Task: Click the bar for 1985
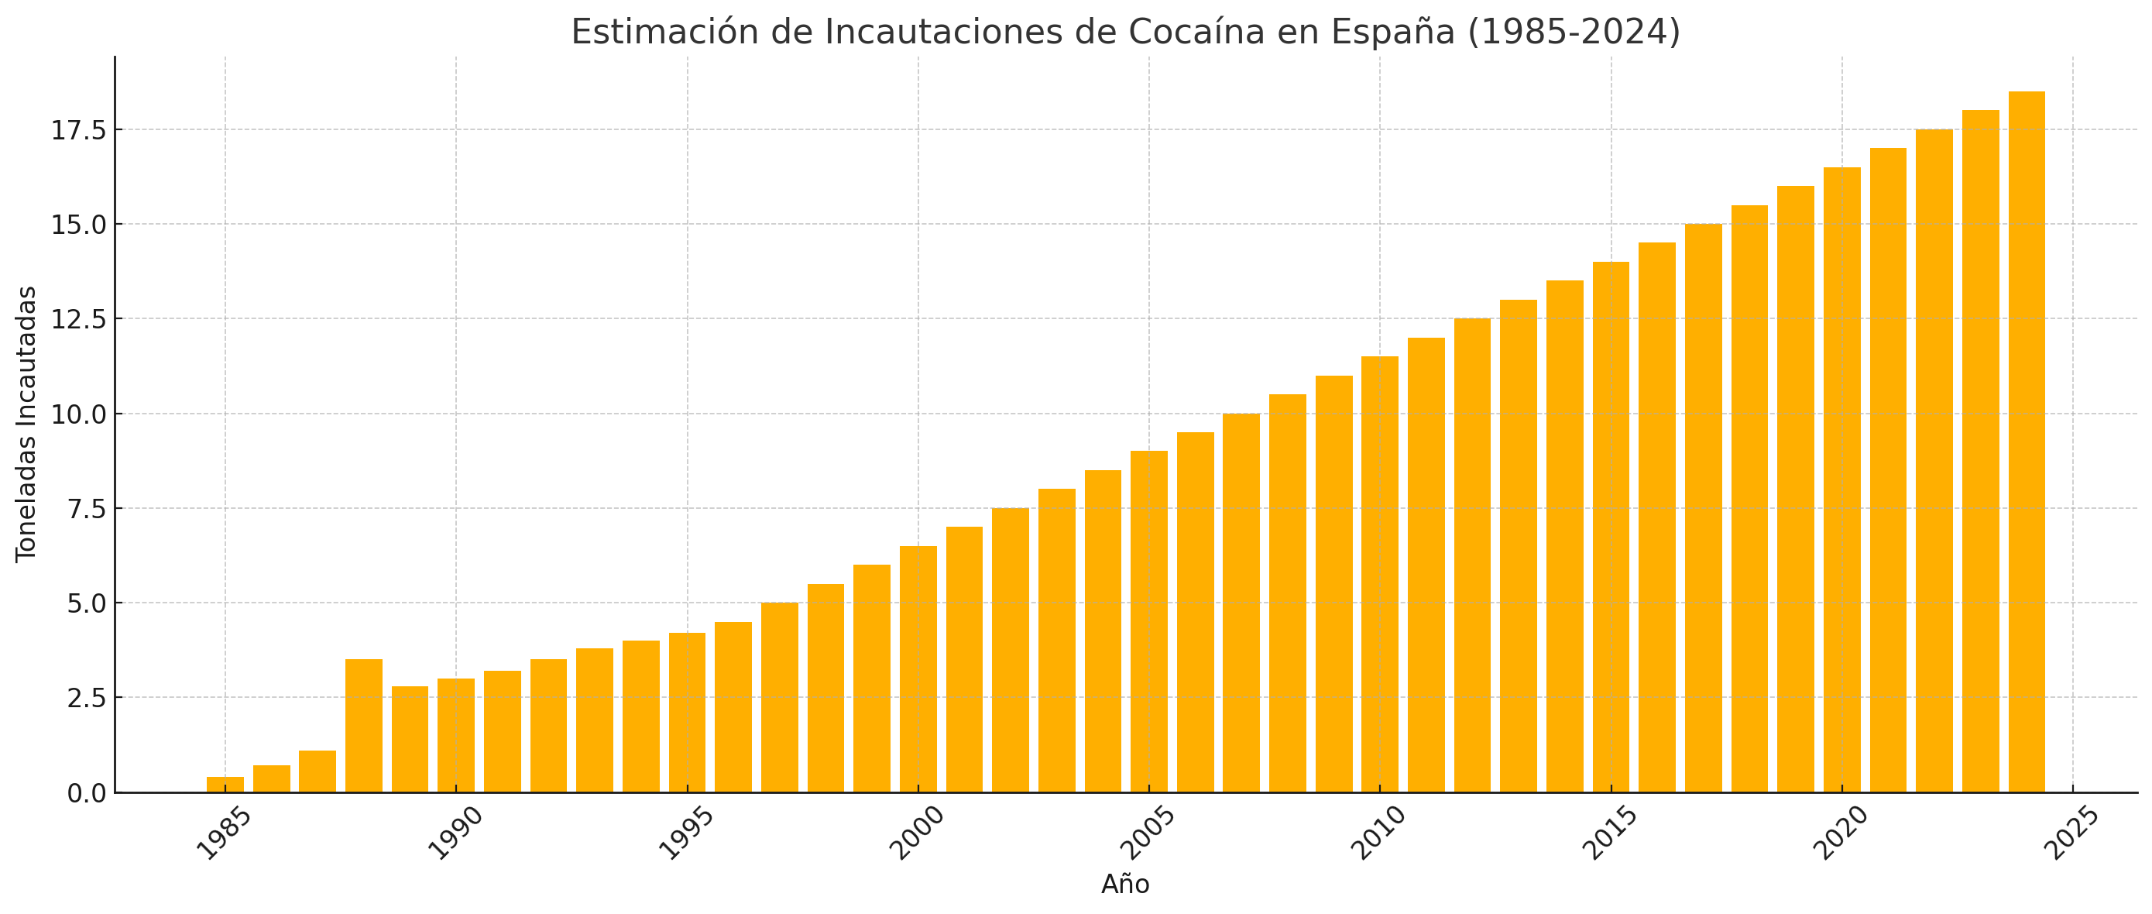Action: point(225,785)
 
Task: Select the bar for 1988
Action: point(364,726)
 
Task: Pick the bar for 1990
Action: point(456,735)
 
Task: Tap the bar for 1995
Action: point(688,713)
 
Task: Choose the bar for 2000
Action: point(918,669)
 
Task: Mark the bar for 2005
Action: point(1149,621)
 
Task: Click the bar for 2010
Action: point(1380,575)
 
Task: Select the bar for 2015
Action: point(1611,527)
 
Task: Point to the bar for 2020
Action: point(1842,479)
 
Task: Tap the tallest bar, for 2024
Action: point(2027,442)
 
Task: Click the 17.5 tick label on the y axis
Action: point(79,130)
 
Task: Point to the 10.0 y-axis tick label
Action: point(79,414)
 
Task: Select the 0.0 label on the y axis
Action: point(87,793)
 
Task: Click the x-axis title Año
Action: point(1125,884)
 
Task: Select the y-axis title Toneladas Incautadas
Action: point(27,424)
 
